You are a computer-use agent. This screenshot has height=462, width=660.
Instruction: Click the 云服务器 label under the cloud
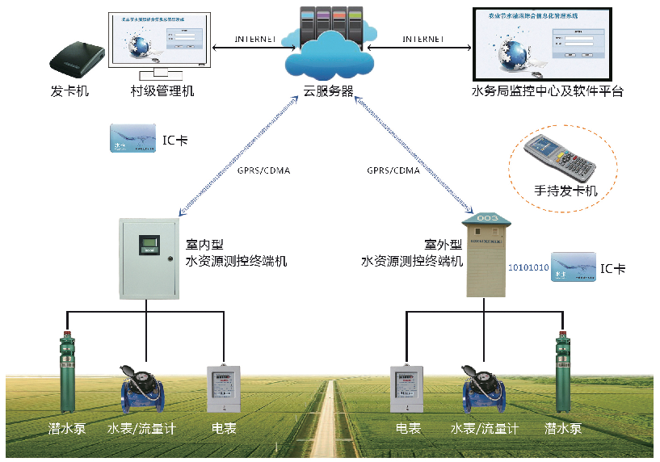click(x=328, y=91)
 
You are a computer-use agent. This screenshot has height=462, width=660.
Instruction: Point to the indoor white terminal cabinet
click(x=147, y=258)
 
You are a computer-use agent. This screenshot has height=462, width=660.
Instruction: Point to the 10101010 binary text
click(x=528, y=267)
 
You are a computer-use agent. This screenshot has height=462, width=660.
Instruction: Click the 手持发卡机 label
click(x=565, y=191)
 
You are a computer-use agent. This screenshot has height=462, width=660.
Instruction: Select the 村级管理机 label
click(x=162, y=91)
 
